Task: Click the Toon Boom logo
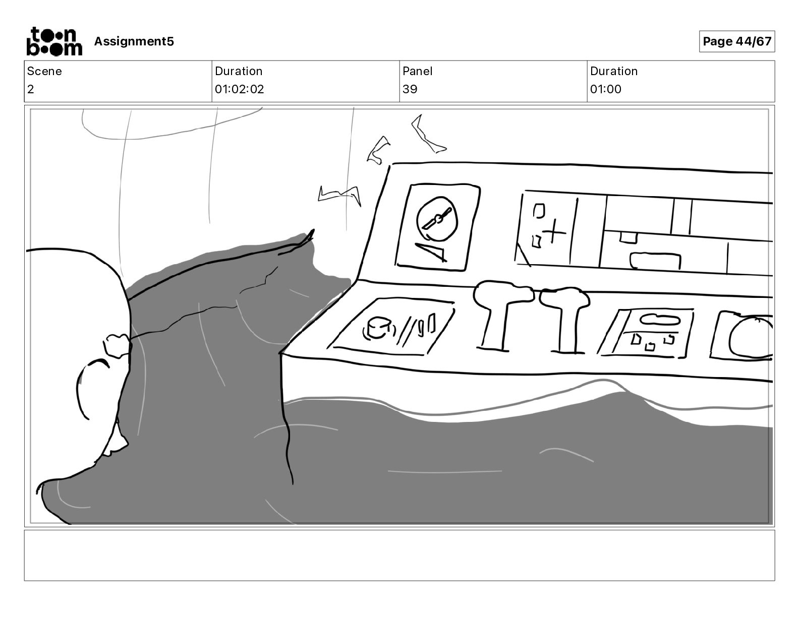(x=54, y=41)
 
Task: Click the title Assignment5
(x=134, y=41)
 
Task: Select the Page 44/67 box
(x=736, y=41)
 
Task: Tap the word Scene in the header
(x=44, y=71)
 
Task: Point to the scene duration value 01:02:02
(x=239, y=89)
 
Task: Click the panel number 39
(x=410, y=89)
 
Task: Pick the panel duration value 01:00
(x=605, y=89)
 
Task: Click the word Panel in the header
(x=417, y=71)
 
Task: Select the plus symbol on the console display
(x=555, y=232)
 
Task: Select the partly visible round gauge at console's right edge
(x=750, y=337)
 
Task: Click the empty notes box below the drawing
(x=399, y=555)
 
